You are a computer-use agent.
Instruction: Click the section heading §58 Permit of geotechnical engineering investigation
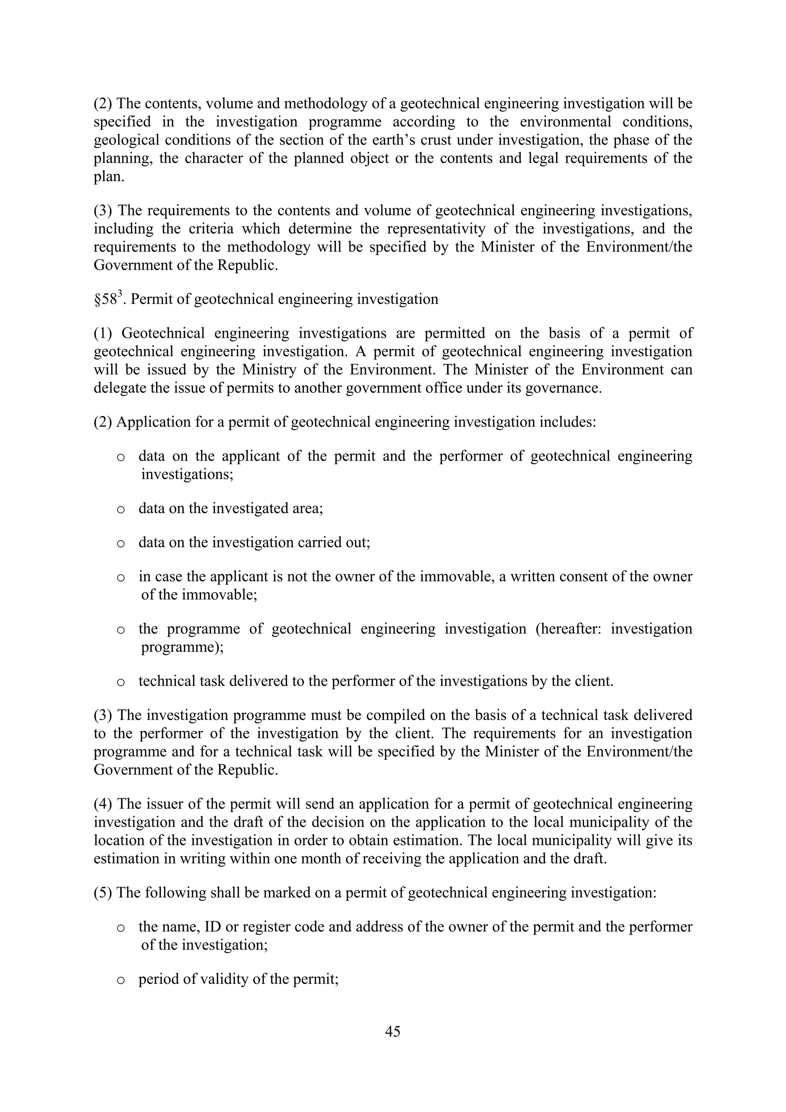pos(266,299)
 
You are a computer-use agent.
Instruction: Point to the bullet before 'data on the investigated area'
pos(121,509)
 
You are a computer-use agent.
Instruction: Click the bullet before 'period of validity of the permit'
pos(121,980)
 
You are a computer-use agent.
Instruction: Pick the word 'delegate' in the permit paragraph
pos(115,388)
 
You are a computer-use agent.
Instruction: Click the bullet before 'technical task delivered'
pos(121,682)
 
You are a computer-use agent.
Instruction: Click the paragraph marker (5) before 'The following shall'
pos(103,892)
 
